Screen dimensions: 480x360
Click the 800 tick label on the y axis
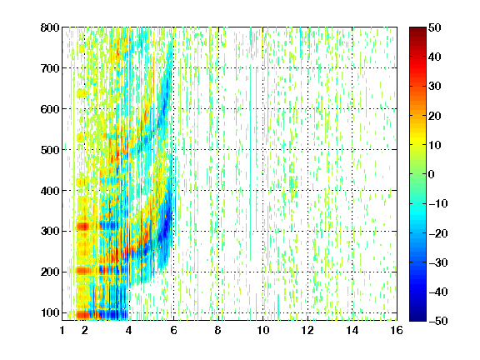pyautogui.click(x=50, y=27)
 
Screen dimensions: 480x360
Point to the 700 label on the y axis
pyautogui.click(x=50, y=68)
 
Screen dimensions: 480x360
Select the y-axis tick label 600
pyautogui.click(x=50, y=109)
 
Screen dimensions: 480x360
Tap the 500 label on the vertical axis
pyautogui.click(x=50, y=150)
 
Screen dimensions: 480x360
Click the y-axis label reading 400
pyautogui.click(x=50, y=191)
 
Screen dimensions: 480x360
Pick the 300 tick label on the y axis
pyautogui.click(x=50, y=232)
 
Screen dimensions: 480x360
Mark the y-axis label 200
pyautogui.click(x=50, y=272)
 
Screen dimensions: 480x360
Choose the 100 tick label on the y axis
pyautogui.click(x=50, y=312)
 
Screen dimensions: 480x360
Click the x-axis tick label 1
pyautogui.click(x=62, y=331)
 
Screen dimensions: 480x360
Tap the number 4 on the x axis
pyautogui.click(x=129, y=331)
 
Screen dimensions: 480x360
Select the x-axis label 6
pyautogui.click(x=173, y=331)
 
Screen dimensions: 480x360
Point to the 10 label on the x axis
pyautogui.click(x=263, y=331)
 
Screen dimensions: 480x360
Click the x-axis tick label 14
pyautogui.click(x=352, y=331)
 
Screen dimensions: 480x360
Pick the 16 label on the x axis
pyautogui.click(x=397, y=331)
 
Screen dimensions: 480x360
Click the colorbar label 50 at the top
pyautogui.click(x=435, y=27)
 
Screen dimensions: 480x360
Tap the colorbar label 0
pyautogui.click(x=432, y=174)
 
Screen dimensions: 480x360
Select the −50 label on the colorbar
pyautogui.click(x=438, y=321)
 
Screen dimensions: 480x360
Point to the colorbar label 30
pyautogui.click(x=435, y=87)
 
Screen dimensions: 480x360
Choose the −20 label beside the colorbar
pyautogui.click(x=438, y=233)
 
